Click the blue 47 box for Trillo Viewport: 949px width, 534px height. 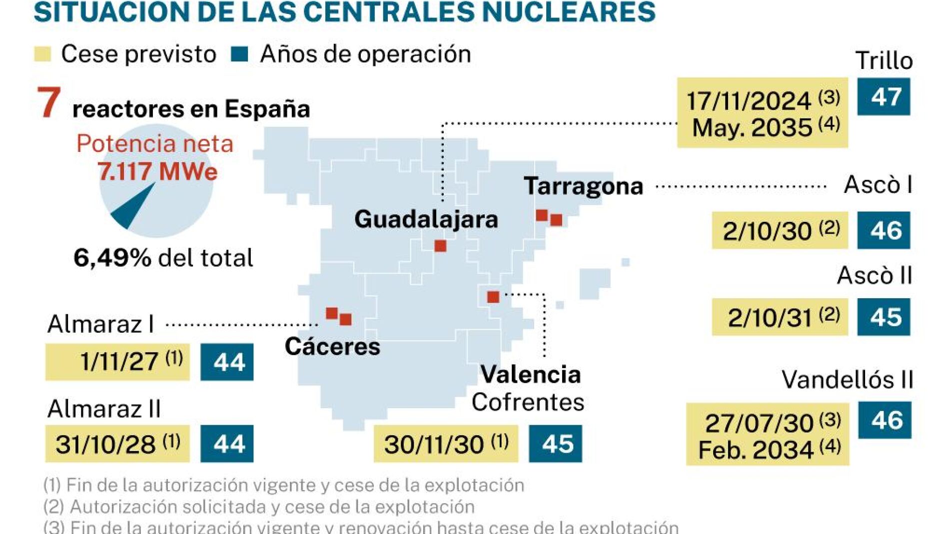(883, 96)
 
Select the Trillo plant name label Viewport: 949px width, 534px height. (884, 61)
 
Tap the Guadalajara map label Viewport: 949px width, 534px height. (426, 219)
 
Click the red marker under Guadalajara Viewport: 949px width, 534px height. (440, 246)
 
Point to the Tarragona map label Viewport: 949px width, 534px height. (583, 186)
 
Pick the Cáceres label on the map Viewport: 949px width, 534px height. (332, 346)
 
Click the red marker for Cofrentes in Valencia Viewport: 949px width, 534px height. (493, 297)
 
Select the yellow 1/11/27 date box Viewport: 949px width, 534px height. (117, 362)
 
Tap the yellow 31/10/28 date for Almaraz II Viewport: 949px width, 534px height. (117, 444)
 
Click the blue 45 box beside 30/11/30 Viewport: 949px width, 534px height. (555, 444)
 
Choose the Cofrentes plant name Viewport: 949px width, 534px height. (528, 402)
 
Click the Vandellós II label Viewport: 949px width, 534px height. (847, 380)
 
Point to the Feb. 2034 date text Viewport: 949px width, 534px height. (756, 450)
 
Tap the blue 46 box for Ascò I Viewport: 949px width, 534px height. (883, 230)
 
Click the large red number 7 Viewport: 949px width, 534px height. (49, 103)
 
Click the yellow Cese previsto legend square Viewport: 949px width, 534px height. (42, 54)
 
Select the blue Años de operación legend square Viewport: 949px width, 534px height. (240, 54)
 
